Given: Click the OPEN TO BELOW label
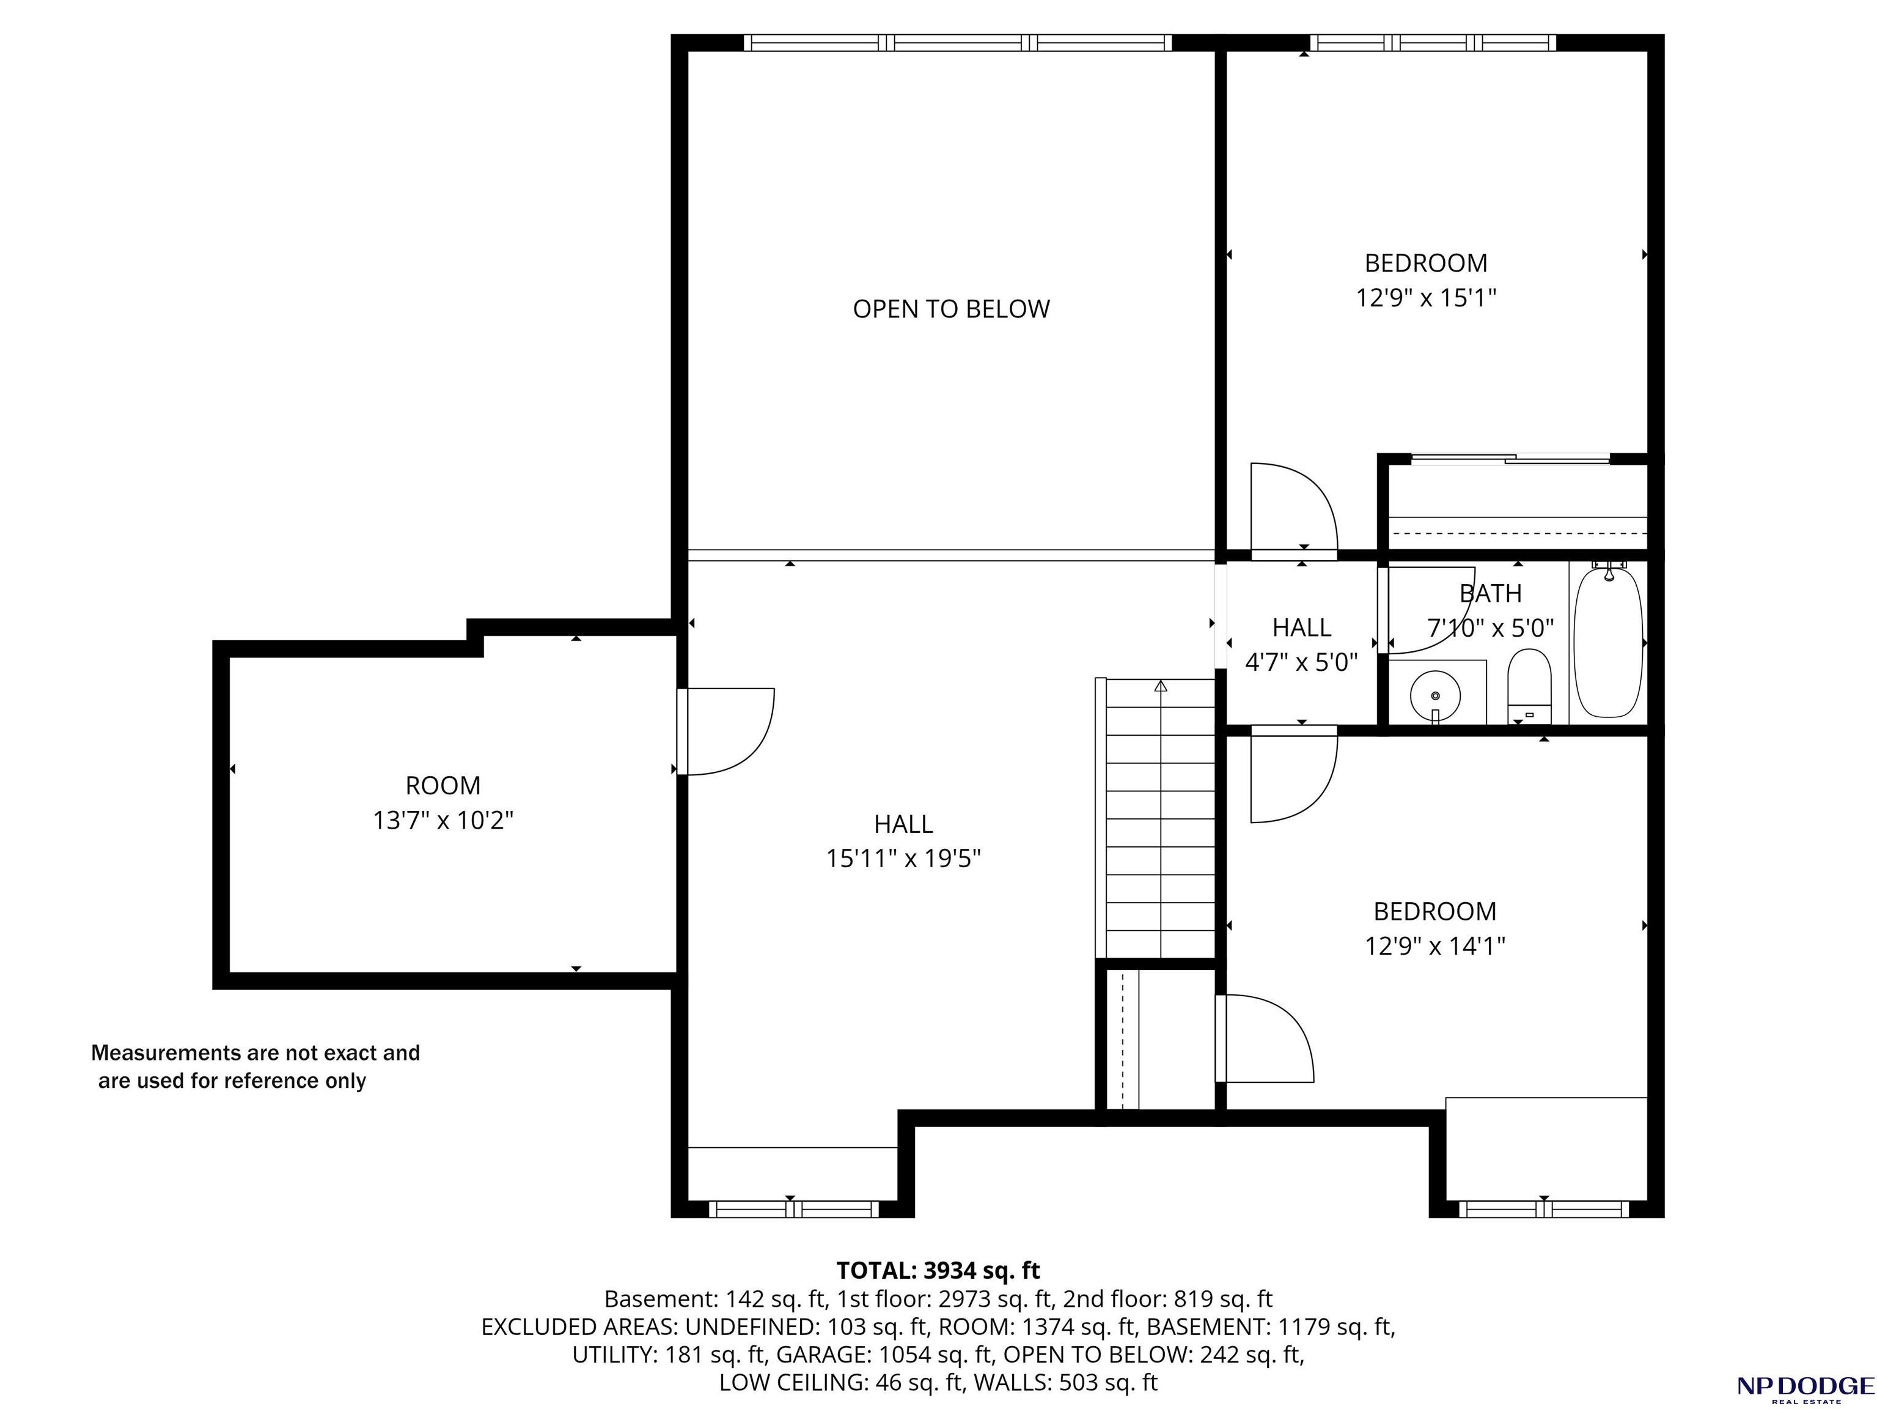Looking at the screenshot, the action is [x=951, y=309].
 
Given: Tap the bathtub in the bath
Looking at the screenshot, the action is [x=1608, y=643].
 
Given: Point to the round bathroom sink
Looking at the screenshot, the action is [x=1435, y=695].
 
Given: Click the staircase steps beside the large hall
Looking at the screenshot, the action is [x=1161, y=818].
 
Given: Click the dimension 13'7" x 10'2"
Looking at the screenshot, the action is [x=443, y=821].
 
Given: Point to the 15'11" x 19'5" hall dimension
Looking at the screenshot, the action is [x=904, y=859].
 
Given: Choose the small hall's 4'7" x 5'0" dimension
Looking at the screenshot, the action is [x=1302, y=662].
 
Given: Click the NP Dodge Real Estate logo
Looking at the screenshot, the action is [x=1805, y=1388].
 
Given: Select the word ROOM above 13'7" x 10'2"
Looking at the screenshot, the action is [x=443, y=785].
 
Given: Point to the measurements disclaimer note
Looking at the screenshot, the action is [x=255, y=1067].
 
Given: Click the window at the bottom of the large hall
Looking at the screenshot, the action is [x=793, y=1208].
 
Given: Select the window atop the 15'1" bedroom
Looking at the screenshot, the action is [x=1433, y=42].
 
